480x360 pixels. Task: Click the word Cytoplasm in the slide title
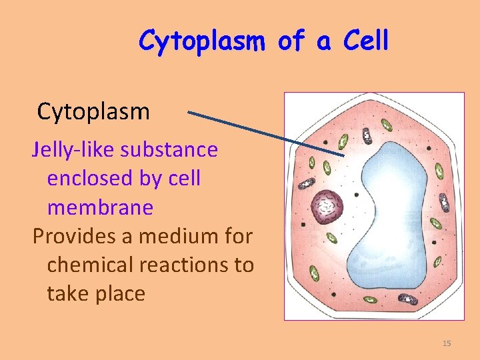tap(203, 41)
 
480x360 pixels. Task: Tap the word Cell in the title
tap(365, 41)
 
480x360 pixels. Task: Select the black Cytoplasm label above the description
tap(93, 111)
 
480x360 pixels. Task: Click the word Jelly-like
tap(73, 150)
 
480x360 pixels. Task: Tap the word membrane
tap(100, 207)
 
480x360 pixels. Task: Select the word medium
tap(177, 236)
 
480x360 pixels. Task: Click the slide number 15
tap(447, 343)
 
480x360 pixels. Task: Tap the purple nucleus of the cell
tap(327, 206)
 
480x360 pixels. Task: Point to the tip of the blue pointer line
tap(344, 156)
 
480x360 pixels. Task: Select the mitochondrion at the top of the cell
tap(367, 136)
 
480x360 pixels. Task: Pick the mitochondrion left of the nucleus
tap(306, 184)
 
